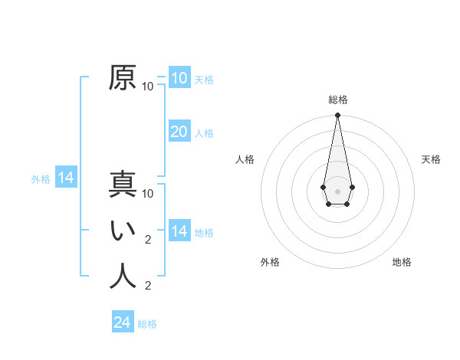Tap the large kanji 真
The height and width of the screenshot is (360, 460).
click(123, 185)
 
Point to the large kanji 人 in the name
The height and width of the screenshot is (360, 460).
click(123, 277)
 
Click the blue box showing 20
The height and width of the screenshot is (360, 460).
click(179, 131)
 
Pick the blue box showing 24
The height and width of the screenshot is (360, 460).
click(123, 322)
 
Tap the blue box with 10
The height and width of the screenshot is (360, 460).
click(179, 77)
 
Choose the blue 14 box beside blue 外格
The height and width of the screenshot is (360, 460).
click(66, 178)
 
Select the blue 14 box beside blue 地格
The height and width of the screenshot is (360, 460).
click(179, 231)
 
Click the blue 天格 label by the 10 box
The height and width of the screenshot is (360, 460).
click(204, 80)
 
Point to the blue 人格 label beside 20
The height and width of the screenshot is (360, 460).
click(204, 133)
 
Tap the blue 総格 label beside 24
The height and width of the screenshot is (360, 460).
click(147, 324)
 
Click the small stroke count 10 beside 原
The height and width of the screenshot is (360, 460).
click(148, 87)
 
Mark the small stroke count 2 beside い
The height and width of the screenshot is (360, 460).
click(148, 240)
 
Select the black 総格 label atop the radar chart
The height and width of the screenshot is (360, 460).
click(337, 100)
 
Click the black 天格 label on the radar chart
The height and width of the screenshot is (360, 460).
click(431, 159)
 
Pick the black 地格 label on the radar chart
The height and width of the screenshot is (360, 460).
click(402, 262)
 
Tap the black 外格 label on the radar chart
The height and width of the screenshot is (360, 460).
click(270, 262)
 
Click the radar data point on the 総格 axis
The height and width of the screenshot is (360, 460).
click(337, 116)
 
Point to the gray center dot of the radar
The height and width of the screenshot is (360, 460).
click(337, 191)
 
